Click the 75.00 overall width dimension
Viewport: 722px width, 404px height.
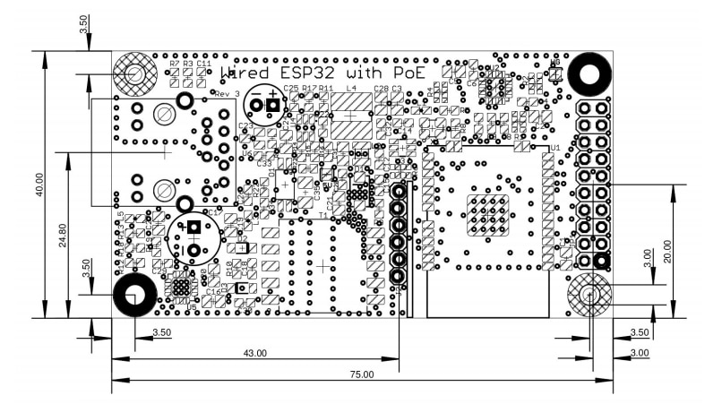point(363,374)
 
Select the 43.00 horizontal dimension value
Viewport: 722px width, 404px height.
point(255,353)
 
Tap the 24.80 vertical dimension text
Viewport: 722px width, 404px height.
point(63,236)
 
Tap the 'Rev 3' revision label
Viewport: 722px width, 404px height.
point(228,93)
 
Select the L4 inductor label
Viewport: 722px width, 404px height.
point(351,90)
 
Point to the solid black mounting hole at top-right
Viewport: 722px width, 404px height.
point(590,73)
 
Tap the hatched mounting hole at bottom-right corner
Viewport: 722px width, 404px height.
point(589,295)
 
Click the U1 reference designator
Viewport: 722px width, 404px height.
point(555,148)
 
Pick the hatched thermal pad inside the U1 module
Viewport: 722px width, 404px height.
point(487,215)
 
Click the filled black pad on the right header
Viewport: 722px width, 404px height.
point(602,262)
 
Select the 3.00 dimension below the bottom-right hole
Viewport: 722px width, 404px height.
point(640,353)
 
